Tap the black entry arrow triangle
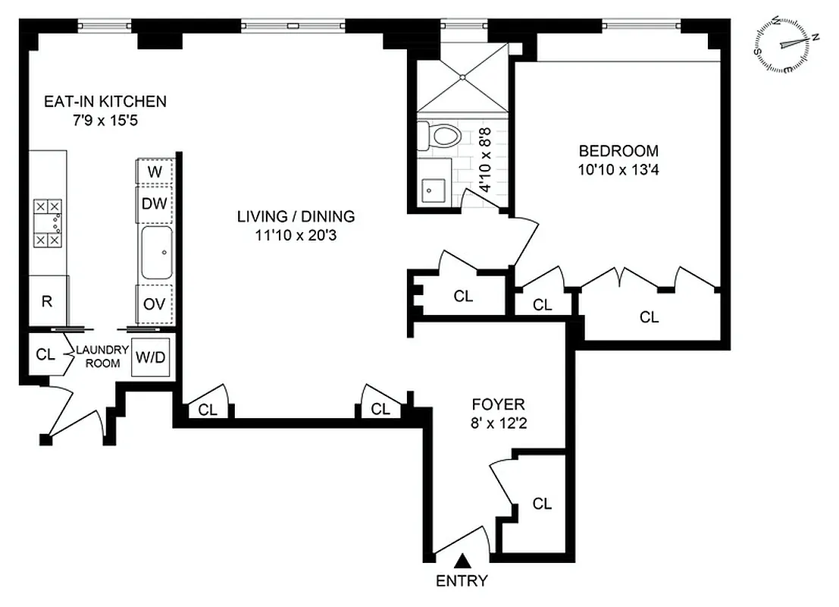point(462,561)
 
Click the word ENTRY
point(462,582)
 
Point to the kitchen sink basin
point(157,253)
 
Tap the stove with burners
point(49,223)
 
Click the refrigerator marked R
point(48,301)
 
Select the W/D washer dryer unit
point(150,357)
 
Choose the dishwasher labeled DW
point(155,203)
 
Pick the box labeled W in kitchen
point(155,171)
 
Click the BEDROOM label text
point(608,150)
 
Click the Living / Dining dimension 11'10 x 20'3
point(296,236)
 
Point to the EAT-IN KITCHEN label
point(105,101)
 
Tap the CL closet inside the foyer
point(541,504)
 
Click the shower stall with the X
point(461,77)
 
